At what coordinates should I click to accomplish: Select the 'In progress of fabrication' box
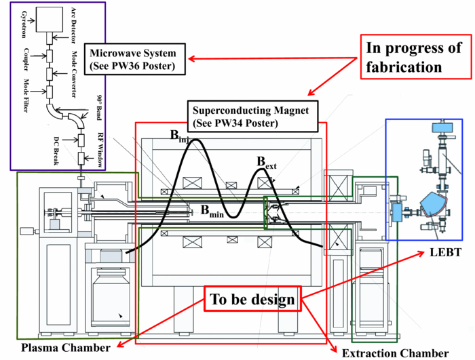[414, 58]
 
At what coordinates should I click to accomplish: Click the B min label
[212, 211]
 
